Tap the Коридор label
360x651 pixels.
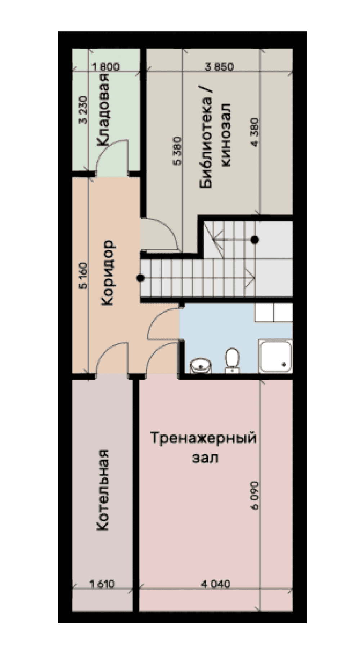pos(108,273)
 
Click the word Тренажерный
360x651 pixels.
pos(203,439)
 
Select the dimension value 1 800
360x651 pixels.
pos(106,67)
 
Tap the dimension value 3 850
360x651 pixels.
pos(219,67)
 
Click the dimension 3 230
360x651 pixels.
pos(84,110)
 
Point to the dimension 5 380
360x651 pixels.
pos(178,151)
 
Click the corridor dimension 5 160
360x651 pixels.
pos(84,275)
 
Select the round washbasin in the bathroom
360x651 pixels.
pos(201,366)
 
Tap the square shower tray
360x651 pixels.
pos(275,357)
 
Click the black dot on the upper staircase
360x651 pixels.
pos(255,239)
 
